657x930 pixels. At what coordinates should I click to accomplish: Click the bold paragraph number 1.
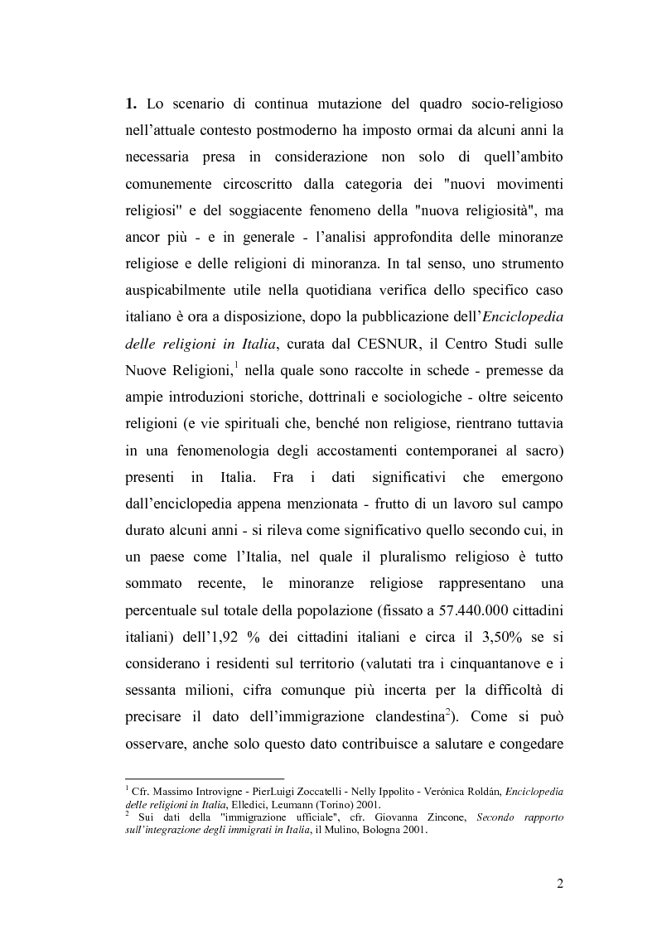(130, 105)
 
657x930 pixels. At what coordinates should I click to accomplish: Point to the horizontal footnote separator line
(204, 778)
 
